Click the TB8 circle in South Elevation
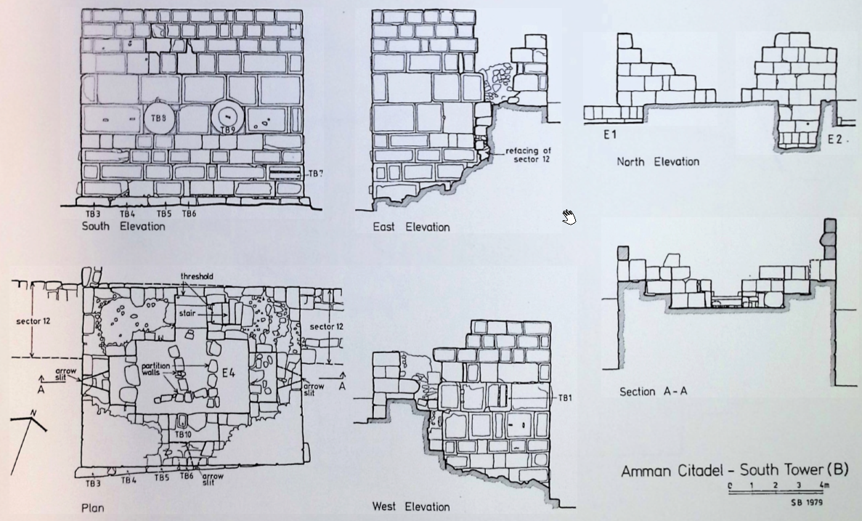[159, 116]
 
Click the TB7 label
[314, 173]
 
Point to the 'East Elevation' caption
[411, 227]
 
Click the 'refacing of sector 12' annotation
[527, 155]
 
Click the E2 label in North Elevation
[836, 140]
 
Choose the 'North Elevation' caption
[658, 161]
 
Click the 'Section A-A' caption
[653, 392]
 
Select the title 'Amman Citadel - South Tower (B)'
[734, 471]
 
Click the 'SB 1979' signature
[807, 501]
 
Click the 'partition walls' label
[155, 368]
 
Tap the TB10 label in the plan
[182, 434]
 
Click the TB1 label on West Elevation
[564, 398]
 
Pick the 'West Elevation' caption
[410, 506]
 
